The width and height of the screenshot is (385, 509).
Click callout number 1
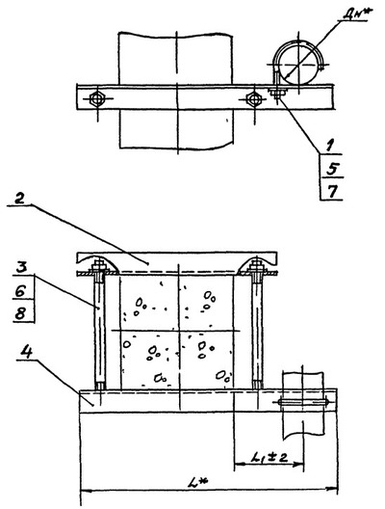pyautogui.click(x=329, y=146)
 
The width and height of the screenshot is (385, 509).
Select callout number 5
pyautogui.click(x=332, y=169)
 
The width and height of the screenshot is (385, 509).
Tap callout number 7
pyautogui.click(x=331, y=192)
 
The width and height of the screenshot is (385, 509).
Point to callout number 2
pyautogui.click(x=19, y=199)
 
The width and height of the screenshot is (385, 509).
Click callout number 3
pyautogui.click(x=22, y=269)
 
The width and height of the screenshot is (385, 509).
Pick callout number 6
pyautogui.click(x=20, y=292)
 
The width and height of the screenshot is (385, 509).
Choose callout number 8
pyautogui.click(x=20, y=313)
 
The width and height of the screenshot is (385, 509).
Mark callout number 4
pyautogui.click(x=27, y=352)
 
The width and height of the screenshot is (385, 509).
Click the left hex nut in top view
pyautogui.click(x=96, y=98)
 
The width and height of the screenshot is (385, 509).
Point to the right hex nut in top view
pyautogui.click(x=253, y=98)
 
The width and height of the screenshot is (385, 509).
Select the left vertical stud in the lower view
pyautogui.click(x=100, y=331)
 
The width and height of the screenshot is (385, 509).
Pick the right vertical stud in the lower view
pyautogui.click(x=257, y=331)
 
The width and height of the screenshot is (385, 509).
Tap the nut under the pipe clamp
pyautogui.click(x=277, y=94)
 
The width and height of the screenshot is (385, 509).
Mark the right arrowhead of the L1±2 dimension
pyautogui.click(x=297, y=465)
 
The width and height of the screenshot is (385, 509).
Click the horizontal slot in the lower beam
pyautogui.click(x=302, y=403)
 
